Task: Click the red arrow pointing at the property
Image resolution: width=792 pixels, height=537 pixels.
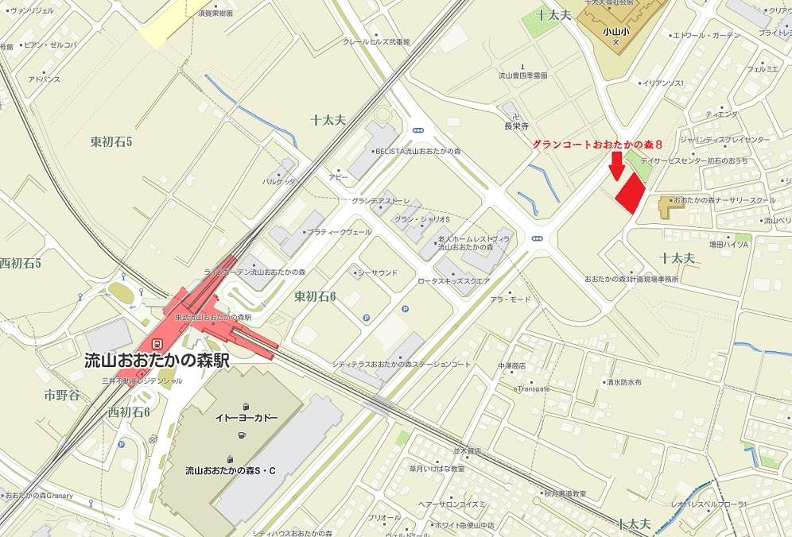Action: (x=616, y=164)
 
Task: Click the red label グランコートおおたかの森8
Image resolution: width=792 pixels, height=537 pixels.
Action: (x=597, y=144)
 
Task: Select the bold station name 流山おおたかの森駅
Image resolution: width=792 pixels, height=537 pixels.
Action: (x=157, y=359)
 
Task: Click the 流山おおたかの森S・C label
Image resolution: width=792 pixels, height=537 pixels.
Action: (x=230, y=470)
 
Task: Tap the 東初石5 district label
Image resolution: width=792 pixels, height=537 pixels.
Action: (x=111, y=142)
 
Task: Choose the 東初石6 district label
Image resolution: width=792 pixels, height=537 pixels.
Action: (x=315, y=296)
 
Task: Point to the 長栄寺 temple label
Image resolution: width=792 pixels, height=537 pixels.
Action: (x=516, y=126)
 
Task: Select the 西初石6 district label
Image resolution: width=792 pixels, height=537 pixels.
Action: (x=129, y=411)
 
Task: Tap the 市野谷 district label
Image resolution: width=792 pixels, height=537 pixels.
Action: (x=62, y=395)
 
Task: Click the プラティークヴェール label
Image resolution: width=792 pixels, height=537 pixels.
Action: (x=340, y=232)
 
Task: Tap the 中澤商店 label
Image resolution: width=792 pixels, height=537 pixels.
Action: (x=511, y=365)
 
